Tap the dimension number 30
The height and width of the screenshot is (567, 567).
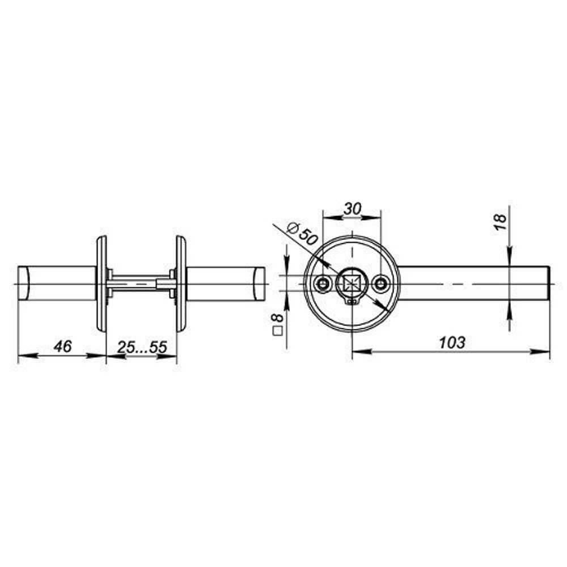352,209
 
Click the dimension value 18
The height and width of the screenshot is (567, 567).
500,222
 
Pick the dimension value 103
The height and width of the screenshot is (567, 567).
452,342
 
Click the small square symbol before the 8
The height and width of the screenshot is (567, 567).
278,332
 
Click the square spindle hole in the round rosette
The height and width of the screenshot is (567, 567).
352,282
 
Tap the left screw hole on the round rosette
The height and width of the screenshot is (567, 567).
323,282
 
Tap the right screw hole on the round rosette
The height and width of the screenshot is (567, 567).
380,282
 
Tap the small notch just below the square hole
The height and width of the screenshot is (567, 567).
352,302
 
